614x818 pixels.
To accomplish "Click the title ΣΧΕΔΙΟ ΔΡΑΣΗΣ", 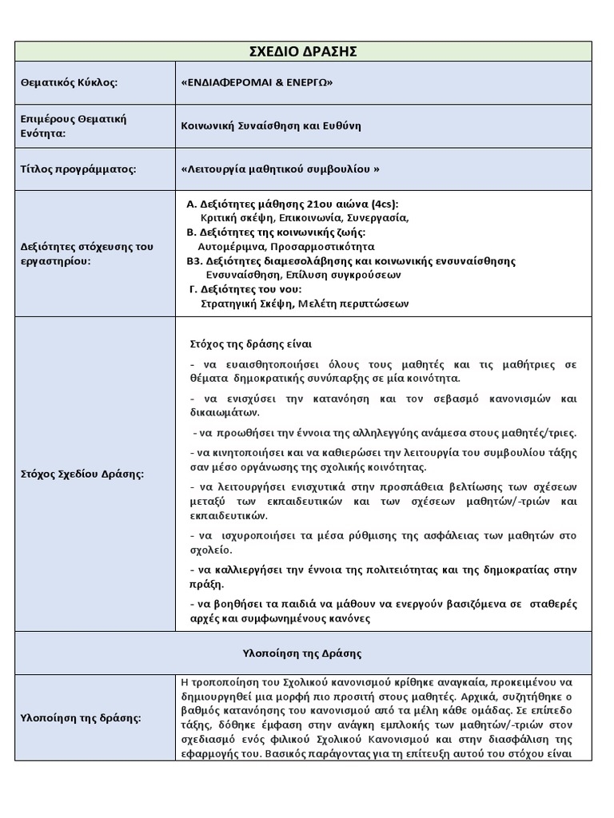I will pyautogui.click(x=302, y=52).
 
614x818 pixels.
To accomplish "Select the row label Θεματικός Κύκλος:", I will pyautogui.click(x=70, y=83).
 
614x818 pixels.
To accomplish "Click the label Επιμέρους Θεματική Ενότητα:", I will pyautogui.click(x=74, y=125).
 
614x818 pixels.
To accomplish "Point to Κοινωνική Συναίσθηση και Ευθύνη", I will pyautogui.click(x=272, y=125).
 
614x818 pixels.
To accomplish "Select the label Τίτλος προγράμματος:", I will pyautogui.click(x=78, y=169).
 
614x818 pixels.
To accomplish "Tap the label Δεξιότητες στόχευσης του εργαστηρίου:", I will pyautogui.click(x=86, y=254).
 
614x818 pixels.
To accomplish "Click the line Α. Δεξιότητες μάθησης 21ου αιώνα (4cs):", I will pyautogui.click(x=292, y=204).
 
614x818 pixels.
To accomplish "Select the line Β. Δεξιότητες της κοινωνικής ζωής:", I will pyautogui.click(x=276, y=232).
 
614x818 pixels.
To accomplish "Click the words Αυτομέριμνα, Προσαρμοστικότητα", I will pyautogui.click(x=285, y=247).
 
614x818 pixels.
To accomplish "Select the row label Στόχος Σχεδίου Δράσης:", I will pyautogui.click(x=82, y=475).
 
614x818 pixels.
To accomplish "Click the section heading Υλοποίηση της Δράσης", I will pyautogui.click(x=302, y=653).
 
